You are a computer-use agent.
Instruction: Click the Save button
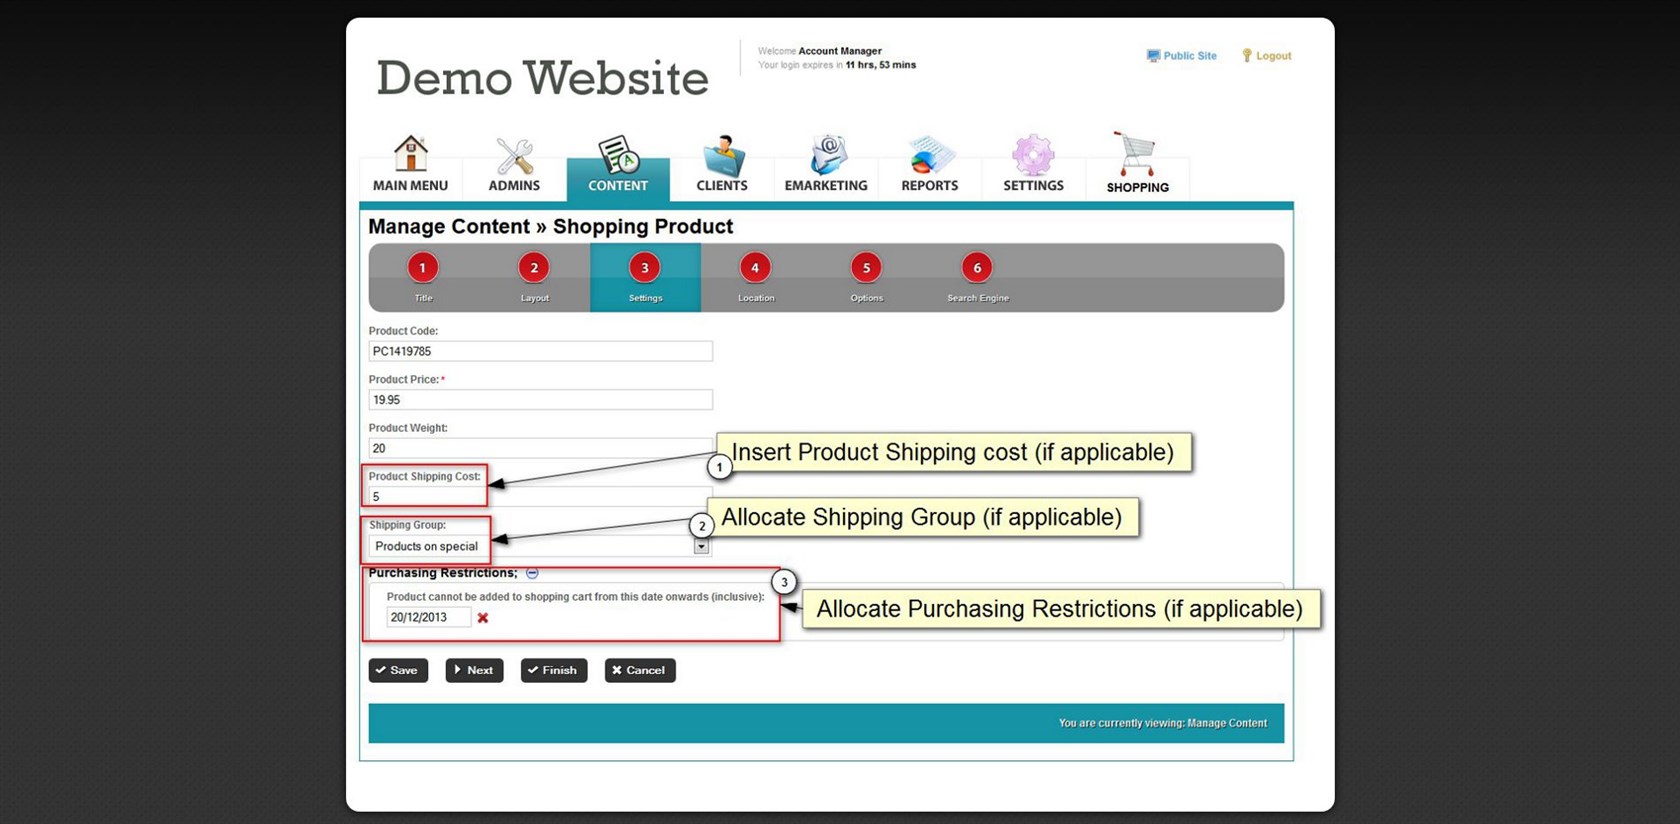click(x=398, y=670)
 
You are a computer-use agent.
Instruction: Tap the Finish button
click(x=554, y=670)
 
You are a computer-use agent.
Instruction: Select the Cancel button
click(x=640, y=670)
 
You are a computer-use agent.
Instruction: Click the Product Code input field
click(x=540, y=351)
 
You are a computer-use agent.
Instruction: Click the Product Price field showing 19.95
click(x=540, y=400)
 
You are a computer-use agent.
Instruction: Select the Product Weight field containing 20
click(x=540, y=448)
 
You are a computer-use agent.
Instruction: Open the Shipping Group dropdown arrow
click(x=701, y=546)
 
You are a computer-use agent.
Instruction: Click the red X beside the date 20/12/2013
click(x=483, y=618)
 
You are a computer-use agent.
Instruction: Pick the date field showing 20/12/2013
click(x=429, y=617)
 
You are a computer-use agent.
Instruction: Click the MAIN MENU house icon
click(x=411, y=154)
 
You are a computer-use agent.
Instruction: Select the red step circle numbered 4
click(x=755, y=268)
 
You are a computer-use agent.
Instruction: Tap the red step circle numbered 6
click(x=977, y=268)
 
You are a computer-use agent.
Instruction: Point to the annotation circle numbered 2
click(x=702, y=526)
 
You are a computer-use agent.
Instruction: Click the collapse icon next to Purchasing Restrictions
click(x=532, y=573)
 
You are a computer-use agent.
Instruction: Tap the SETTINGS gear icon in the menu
click(x=1034, y=154)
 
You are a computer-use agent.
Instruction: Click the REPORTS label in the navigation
click(x=930, y=185)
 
